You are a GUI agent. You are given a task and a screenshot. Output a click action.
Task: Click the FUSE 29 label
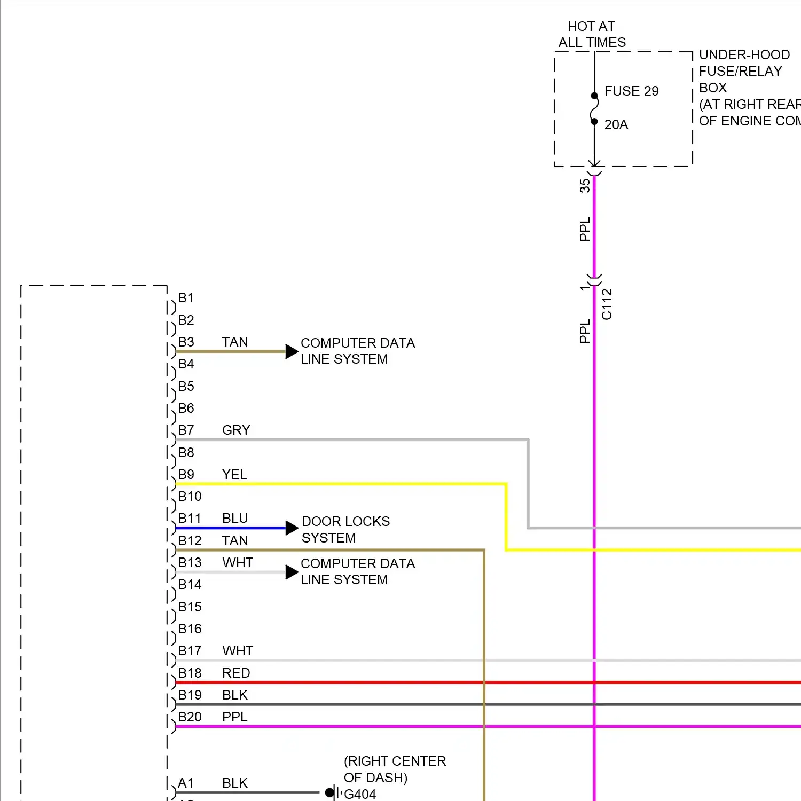pos(631,91)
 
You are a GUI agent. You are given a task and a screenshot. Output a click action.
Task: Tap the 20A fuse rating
pos(616,125)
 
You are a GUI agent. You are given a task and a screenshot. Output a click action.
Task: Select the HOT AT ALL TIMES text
pos(592,34)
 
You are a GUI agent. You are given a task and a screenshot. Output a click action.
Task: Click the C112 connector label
pos(607,304)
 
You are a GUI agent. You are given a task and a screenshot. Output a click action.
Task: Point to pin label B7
pos(186,430)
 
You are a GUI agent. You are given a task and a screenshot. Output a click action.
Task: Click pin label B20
pos(190,717)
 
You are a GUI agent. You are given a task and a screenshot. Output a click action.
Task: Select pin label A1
pos(185,783)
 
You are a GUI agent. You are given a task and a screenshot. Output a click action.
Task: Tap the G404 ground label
pos(360,794)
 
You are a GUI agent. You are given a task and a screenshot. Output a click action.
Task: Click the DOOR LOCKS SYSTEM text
pos(345,529)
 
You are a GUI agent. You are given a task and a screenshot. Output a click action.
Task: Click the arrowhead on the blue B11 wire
pos(292,528)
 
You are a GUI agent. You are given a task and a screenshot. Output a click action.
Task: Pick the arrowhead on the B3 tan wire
pos(292,351)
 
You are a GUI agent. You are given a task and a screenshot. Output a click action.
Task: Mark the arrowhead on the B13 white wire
pos(292,572)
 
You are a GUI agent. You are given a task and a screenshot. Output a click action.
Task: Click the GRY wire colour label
pos(236,430)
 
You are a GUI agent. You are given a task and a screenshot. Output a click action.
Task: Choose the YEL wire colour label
pos(234,475)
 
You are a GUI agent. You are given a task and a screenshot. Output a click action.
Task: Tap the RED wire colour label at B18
pos(236,673)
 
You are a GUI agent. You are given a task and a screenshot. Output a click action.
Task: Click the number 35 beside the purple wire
pos(585,186)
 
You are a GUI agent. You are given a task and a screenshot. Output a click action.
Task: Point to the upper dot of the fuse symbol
pos(594,96)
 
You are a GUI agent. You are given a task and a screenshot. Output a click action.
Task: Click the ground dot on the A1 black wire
pos(329,792)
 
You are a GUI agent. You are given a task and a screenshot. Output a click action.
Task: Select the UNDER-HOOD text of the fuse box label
pos(744,55)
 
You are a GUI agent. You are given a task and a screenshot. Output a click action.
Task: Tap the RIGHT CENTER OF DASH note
pos(395,769)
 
